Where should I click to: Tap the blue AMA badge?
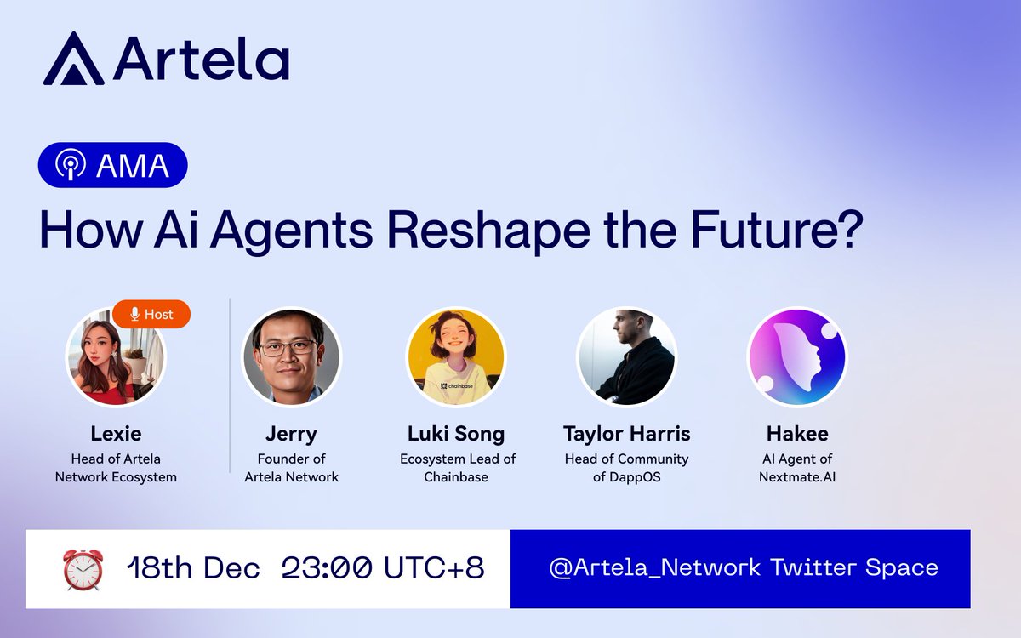(112, 165)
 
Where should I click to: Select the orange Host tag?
(151, 314)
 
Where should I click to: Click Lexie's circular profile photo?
(116, 356)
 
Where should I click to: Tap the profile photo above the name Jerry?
(291, 356)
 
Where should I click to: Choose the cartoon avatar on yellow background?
(456, 356)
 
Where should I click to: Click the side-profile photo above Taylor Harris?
(627, 356)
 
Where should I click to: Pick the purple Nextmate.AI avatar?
(797, 356)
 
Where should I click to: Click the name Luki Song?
(456, 434)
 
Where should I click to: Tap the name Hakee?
(797, 434)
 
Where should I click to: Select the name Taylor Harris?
(627, 434)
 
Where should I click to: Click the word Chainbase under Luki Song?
(456, 477)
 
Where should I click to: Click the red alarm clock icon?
(83, 570)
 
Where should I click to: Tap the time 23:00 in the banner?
(327, 568)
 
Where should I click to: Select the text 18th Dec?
(193, 568)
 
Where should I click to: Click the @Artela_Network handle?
(655, 568)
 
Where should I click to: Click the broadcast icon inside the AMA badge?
(70, 164)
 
